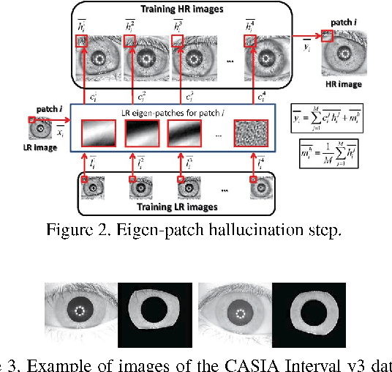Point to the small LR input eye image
click(37, 130)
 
